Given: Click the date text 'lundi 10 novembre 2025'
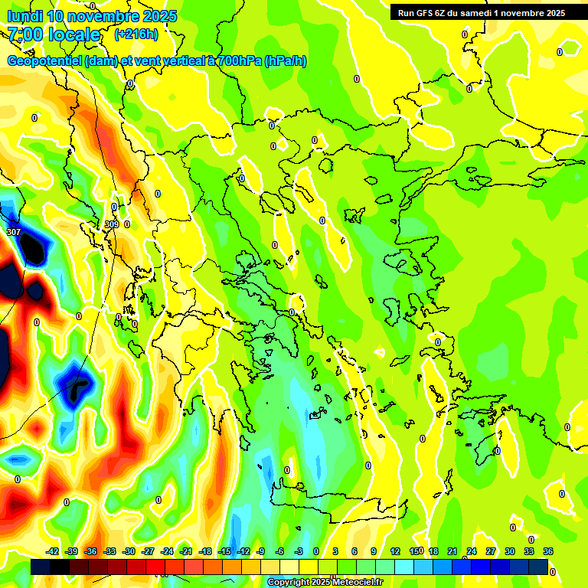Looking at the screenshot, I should [x=92, y=16].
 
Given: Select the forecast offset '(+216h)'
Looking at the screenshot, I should [x=136, y=34].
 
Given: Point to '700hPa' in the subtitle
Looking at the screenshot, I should [x=239, y=61].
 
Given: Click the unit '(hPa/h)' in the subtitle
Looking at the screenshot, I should [x=285, y=61].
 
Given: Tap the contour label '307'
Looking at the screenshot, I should [x=14, y=231].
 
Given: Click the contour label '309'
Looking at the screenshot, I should [x=112, y=224].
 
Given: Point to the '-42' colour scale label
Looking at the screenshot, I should [x=53, y=551].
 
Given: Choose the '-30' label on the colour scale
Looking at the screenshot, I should [x=129, y=551].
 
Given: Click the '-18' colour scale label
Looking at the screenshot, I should [x=204, y=551].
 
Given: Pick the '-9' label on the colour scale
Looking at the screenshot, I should [x=260, y=551].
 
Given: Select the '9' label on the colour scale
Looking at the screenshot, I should [x=374, y=551].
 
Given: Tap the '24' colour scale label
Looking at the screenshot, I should [x=471, y=551].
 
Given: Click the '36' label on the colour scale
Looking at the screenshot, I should [x=548, y=551].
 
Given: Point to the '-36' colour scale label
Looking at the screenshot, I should [x=90, y=551].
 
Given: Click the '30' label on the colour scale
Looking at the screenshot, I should [x=510, y=551].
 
